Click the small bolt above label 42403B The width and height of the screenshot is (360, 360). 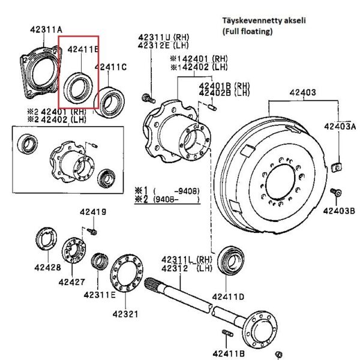[x=338, y=192]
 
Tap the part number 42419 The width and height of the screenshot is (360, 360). [x=93, y=212]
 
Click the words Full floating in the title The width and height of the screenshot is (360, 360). [x=247, y=31]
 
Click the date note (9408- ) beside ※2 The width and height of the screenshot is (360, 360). [x=175, y=197]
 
